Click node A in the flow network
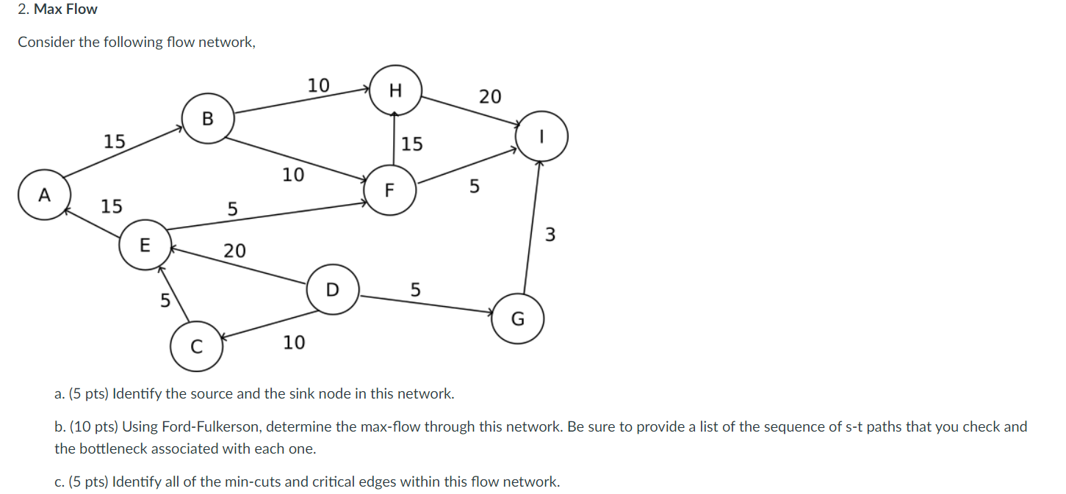click(x=44, y=195)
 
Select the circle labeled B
click(x=207, y=117)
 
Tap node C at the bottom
click(x=196, y=347)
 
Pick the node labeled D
click(x=333, y=289)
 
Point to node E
click(x=145, y=244)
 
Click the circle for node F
click(x=390, y=190)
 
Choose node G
click(x=518, y=319)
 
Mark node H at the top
click(x=396, y=90)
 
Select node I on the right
click(x=542, y=137)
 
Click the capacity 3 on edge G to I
click(x=551, y=236)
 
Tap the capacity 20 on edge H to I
click(x=490, y=96)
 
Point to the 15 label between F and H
click(x=412, y=144)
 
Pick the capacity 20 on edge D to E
click(x=234, y=251)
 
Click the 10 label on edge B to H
click(x=318, y=85)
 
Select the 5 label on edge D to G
click(x=415, y=290)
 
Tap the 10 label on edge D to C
click(x=294, y=342)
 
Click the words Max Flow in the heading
click(x=65, y=10)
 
